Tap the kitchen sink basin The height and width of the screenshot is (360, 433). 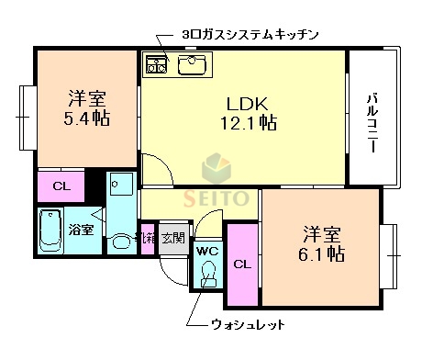coord(194,64)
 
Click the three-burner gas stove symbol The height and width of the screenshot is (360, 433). coord(157,64)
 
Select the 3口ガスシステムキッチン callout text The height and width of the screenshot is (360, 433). coord(250,35)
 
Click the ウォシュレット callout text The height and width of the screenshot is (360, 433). coord(248,324)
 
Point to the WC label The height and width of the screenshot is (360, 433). coord(206,250)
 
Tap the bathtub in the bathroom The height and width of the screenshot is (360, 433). coord(50,231)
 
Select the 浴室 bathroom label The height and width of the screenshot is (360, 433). coord(81,229)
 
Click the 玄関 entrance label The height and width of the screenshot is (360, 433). coord(172,238)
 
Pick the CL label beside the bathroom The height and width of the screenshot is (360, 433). coord(61,186)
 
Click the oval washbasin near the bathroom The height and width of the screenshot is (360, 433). coord(120,244)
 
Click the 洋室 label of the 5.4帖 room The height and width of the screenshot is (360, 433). coord(86,97)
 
